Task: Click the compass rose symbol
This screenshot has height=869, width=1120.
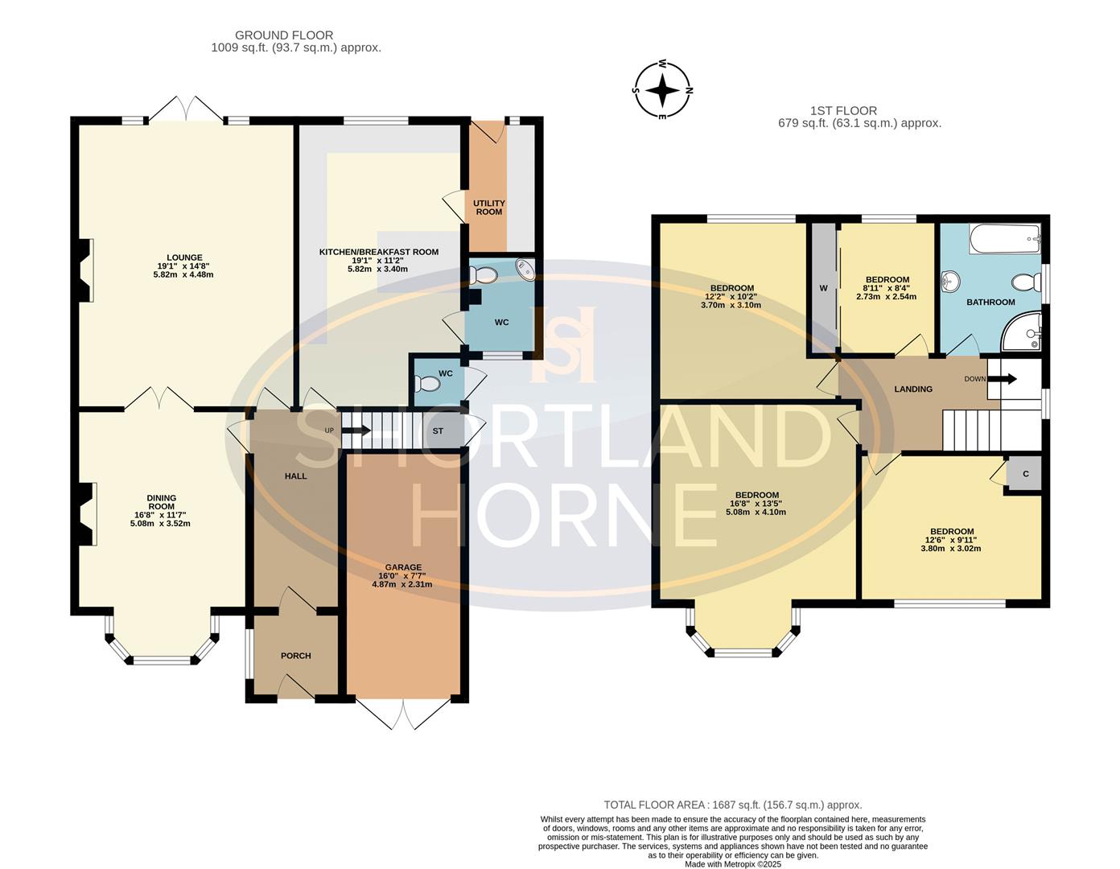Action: (662, 89)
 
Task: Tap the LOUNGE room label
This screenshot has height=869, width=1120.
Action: (184, 258)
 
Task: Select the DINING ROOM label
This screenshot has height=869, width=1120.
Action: (161, 502)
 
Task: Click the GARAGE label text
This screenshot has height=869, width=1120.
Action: (402, 567)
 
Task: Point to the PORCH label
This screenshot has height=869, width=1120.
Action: (296, 656)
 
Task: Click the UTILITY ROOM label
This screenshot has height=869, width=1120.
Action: (488, 208)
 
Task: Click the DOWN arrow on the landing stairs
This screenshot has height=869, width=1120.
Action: (1007, 378)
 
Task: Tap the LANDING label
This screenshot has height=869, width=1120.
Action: (913, 389)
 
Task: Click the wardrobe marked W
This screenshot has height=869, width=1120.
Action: (823, 288)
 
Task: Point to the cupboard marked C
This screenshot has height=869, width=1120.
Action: (1026, 474)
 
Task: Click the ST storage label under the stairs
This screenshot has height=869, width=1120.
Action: (438, 431)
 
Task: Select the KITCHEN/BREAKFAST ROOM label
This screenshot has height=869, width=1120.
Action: (378, 252)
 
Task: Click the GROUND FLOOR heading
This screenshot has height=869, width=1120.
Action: (283, 35)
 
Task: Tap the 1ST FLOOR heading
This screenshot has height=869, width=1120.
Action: (843, 111)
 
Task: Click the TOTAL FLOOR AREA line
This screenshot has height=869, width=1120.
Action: (732, 805)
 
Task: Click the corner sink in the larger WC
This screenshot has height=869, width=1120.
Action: (525, 269)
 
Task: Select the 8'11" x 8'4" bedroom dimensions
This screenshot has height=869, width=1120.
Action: (886, 288)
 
